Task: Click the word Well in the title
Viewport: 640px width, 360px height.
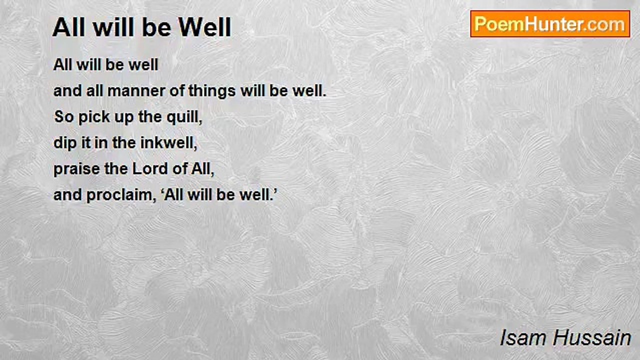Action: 204,27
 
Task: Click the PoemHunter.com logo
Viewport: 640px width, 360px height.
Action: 550,24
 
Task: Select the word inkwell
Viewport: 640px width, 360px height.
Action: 168,143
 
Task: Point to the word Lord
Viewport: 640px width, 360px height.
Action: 150,169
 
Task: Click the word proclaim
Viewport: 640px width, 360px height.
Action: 121,195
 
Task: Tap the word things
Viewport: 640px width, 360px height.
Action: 211,91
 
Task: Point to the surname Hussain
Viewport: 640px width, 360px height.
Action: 591,338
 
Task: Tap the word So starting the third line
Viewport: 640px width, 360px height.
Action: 63,117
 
